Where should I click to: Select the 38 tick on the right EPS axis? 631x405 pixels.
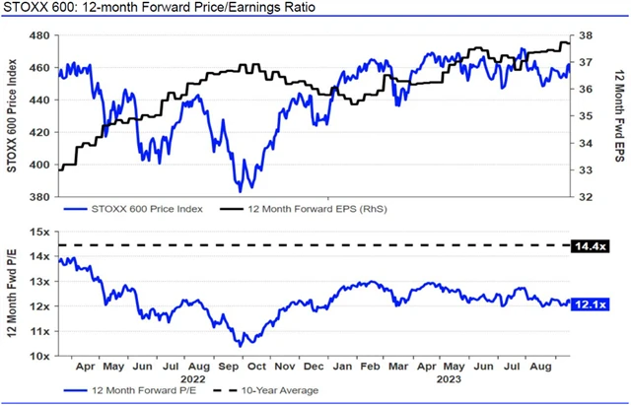[x=583, y=35]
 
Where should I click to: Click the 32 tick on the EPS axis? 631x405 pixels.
[x=583, y=196]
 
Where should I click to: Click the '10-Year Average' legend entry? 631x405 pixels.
[x=279, y=390]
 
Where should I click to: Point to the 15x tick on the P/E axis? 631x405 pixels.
[x=42, y=232]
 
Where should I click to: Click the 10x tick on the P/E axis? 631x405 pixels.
[x=42, y=355]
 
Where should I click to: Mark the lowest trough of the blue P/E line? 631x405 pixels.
[x=241, y=345]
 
